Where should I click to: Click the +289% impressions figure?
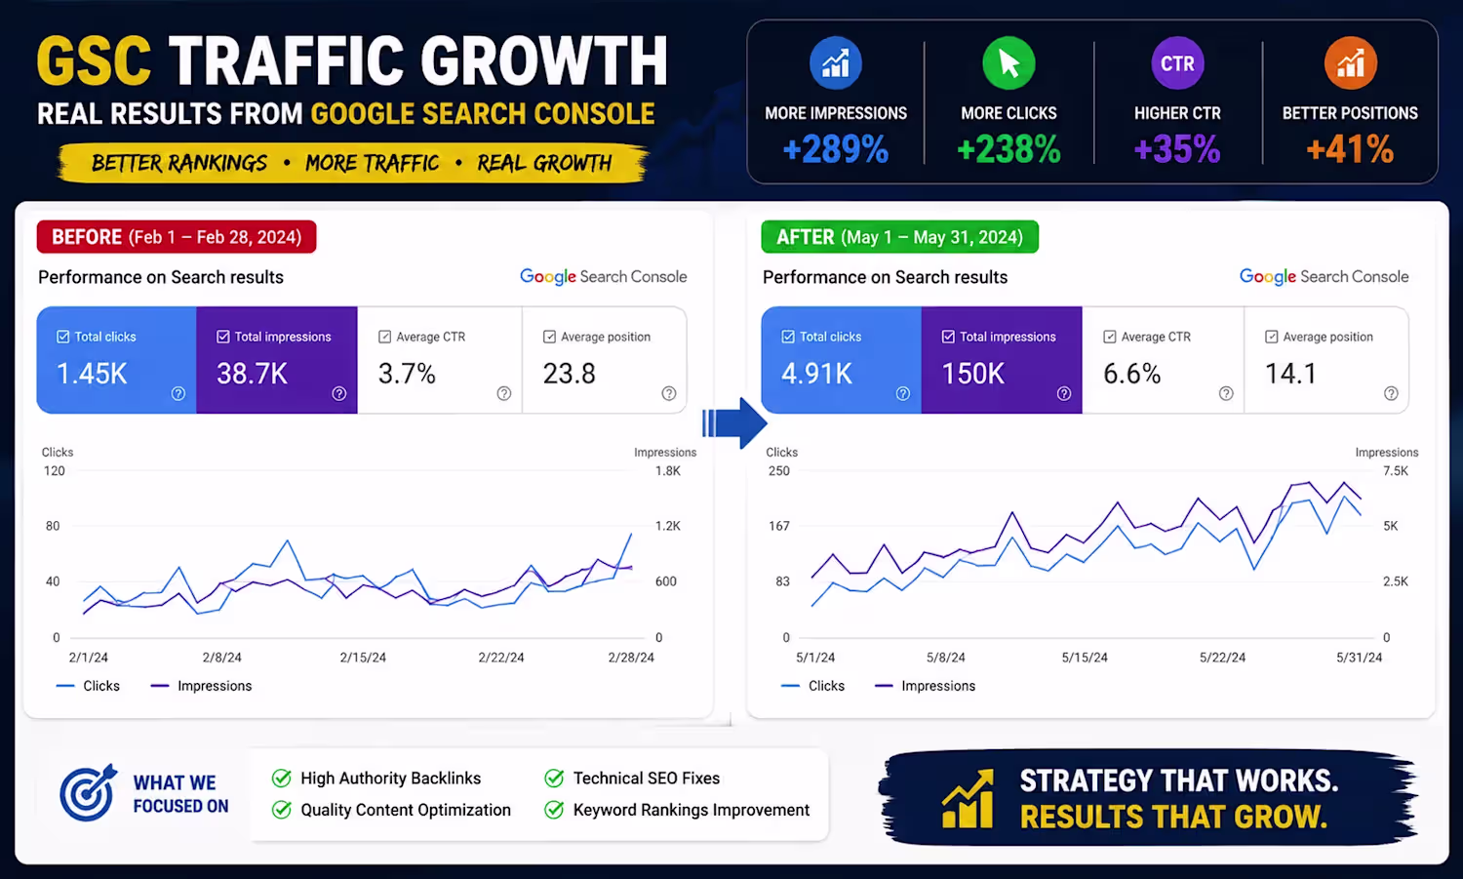click(x=835, y=149)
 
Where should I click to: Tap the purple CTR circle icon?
click(x=1177, y=63)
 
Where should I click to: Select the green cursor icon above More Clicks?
click(x=1008, y=63)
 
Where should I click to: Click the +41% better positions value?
click(x=1350, y=149)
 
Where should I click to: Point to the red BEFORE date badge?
click(x=177, y=236)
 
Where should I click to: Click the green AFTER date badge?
click(x=899, y=236)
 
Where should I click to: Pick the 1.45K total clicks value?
click(x=92, y=374)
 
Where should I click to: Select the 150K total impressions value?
click(x=972, y=374)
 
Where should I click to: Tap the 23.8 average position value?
click(x=569, y=374)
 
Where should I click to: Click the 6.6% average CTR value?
click(x=1131, y=374)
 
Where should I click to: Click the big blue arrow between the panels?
click(x=734, y=422)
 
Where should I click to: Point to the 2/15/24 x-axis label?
click(x=363, y=658)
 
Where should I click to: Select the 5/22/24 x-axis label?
click(x=1222, y=658)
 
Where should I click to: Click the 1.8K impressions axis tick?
click(x=667, y=470)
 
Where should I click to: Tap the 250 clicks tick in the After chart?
click(x=778, y=470)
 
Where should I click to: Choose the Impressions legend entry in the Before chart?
click(x=201, y=686)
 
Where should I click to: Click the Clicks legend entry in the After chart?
click(x=812, y=686)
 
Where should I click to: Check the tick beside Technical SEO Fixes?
click(x=554, y=778)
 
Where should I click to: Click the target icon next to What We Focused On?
click(x=88, y=793)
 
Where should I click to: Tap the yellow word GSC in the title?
click(x=95, y=60)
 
